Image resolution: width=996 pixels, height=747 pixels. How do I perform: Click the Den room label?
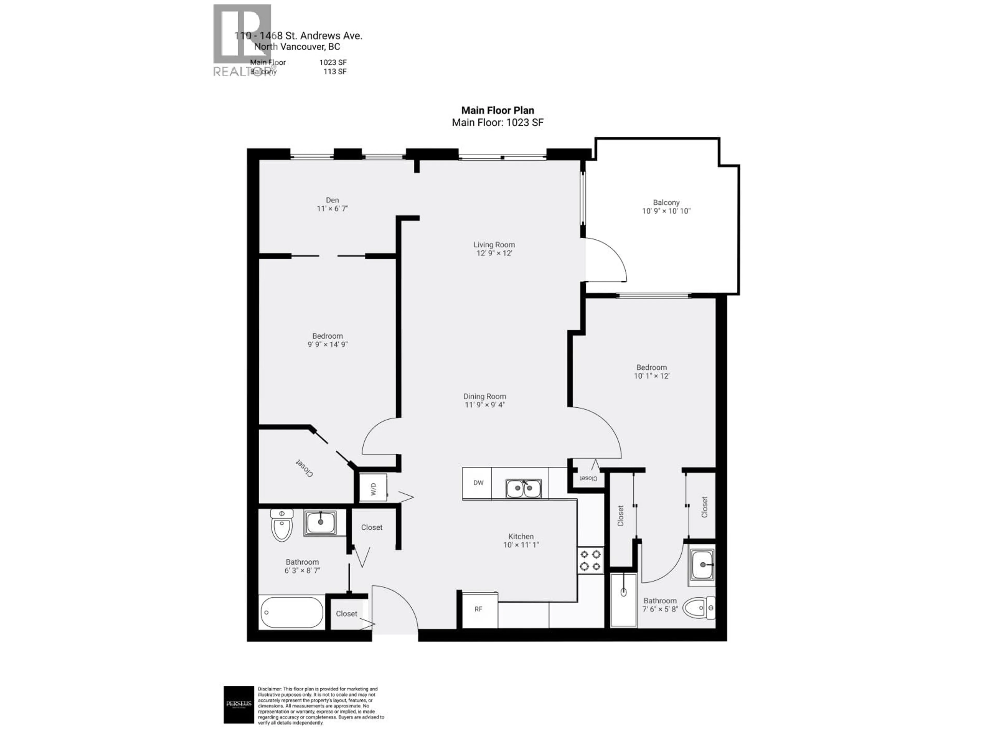[332, 200]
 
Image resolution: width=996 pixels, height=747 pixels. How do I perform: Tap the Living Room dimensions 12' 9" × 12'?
[494, 253]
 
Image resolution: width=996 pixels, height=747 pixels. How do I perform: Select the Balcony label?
[666, 203]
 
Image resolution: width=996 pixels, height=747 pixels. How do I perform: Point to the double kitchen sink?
[523, 488]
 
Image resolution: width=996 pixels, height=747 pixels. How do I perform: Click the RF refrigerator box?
[479, 609]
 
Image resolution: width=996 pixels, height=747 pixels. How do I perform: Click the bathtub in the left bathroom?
[291, 612]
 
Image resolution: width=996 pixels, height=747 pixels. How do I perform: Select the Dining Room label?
[485, 396]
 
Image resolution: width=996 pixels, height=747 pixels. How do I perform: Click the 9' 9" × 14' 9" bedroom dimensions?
[327, 344]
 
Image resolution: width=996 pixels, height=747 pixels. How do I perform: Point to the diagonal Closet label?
[305, 468]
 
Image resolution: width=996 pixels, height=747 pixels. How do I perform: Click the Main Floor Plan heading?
[497, 110]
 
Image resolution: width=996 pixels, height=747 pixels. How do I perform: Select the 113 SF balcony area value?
[335, 72]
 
